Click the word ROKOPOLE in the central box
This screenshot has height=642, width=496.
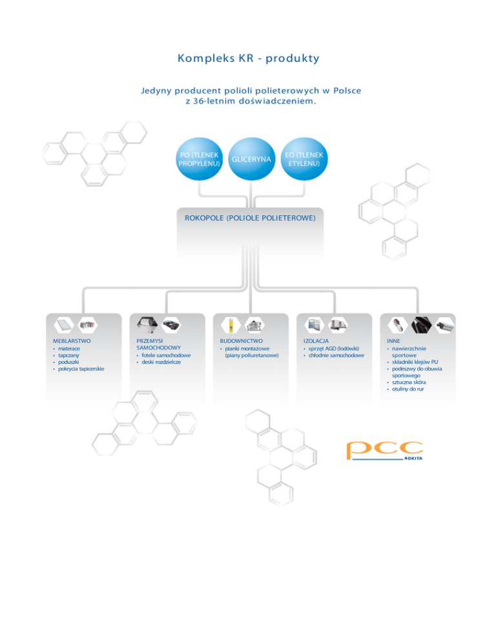click(201, 218)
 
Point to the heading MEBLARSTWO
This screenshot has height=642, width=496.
click(72, 340)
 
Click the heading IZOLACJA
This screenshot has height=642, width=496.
click(316, 340)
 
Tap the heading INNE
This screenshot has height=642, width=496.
click(393, 340)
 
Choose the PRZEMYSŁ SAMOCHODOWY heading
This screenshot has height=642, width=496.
click(151, 344)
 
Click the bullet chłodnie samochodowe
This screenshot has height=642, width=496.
click(336, 355)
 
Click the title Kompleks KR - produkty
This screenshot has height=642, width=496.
click(248, 58)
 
